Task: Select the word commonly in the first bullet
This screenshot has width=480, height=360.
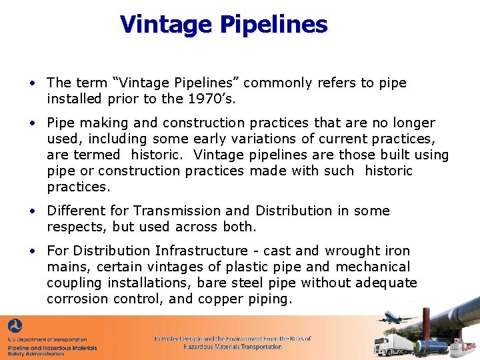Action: click(276, 83)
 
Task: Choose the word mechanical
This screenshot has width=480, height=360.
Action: click(373, 267)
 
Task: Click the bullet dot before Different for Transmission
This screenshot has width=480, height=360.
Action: click(31, 211)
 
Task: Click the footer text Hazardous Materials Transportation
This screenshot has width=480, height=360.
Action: click(233, 347)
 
